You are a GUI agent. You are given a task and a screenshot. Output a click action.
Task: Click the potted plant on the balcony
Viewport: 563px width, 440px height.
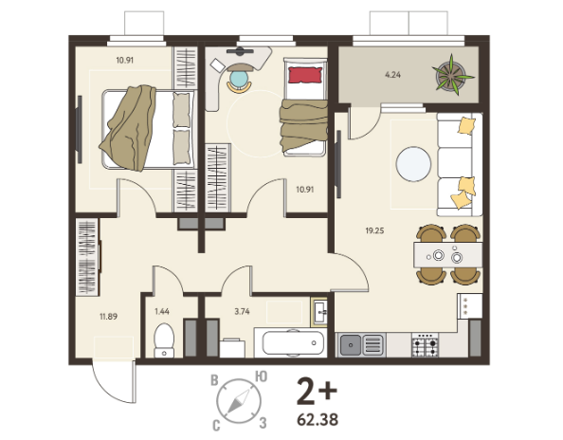coord(452,76)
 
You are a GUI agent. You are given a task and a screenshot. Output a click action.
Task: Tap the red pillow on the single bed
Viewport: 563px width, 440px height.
coord(305,75)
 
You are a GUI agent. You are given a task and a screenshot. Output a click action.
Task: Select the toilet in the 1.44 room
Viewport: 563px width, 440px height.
coord(164,340)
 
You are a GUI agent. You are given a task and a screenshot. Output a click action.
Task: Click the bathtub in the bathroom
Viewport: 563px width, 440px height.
coord(293,343)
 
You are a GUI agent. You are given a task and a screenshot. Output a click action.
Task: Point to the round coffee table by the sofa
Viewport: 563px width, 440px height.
coord(413,164)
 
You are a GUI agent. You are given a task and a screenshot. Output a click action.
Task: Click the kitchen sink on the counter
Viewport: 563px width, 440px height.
coord(361,344)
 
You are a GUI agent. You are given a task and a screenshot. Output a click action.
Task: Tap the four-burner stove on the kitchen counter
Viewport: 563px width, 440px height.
coord(426,345)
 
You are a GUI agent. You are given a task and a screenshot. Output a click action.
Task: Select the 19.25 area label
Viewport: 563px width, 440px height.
coord(374,231)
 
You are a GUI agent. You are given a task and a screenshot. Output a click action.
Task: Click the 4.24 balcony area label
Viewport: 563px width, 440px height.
coord(392,75)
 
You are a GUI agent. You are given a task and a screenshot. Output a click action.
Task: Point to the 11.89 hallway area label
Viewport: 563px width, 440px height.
coord(108,317)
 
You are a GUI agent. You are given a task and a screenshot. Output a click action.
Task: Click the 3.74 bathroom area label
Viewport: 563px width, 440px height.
coord(242,311)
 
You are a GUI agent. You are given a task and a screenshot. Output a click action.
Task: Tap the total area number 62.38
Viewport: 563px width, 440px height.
coord(318,419)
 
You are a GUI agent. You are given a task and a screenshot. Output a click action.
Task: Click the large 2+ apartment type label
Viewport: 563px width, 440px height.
coord(317,391)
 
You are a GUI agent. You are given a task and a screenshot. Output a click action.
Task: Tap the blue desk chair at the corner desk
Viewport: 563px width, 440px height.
coord(239,80)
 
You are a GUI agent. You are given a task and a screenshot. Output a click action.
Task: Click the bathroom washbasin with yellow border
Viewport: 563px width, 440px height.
coord(319,312)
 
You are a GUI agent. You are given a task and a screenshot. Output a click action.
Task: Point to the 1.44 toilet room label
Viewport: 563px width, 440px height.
coord(162,311)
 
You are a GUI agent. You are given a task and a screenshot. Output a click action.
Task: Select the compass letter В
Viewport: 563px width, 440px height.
coord(214,380)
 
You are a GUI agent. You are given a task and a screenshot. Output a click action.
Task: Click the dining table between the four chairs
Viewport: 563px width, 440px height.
coord(448,255)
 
